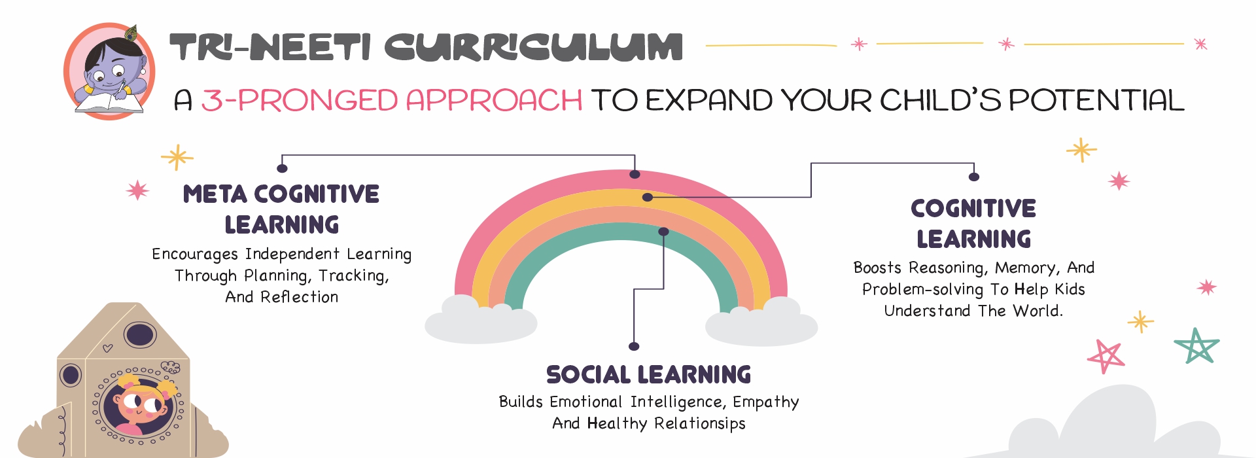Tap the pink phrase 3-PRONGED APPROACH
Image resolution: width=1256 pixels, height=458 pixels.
(x=391, y=100)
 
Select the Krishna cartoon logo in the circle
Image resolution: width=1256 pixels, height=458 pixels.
(x=109, y=71)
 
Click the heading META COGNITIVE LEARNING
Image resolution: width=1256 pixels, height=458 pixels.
(x=281, y=209)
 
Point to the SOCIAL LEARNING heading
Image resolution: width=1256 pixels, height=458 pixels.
(x=648, y=374)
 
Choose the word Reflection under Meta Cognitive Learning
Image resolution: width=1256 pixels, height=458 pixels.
(x=299, y=296)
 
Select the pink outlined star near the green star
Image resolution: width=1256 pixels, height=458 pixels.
(x=1106, y=357)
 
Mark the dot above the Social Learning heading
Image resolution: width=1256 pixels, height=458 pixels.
(x=633, y=346)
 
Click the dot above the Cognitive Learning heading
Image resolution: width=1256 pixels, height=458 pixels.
(x=973, y=177)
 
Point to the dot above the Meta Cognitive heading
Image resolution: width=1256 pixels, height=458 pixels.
(x=282, y=168)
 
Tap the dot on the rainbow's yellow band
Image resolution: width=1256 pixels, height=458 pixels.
(x=647, y=197)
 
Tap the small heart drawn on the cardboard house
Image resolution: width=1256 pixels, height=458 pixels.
(x=107, y=348)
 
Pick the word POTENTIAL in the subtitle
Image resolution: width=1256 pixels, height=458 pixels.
(x=1096, y=100)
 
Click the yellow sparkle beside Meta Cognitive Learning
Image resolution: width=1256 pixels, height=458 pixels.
(x=177, y=157)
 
